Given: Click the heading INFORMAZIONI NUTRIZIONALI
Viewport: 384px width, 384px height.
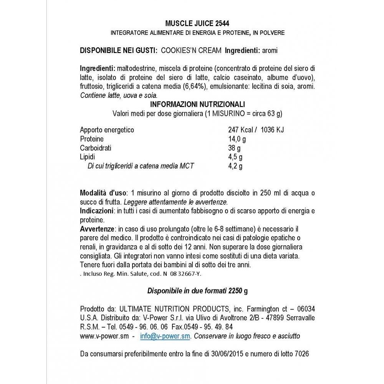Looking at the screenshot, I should [198, 104].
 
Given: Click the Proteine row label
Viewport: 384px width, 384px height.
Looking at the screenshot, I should [92, 139].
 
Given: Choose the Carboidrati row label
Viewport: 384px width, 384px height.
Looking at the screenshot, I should [96, 148].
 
